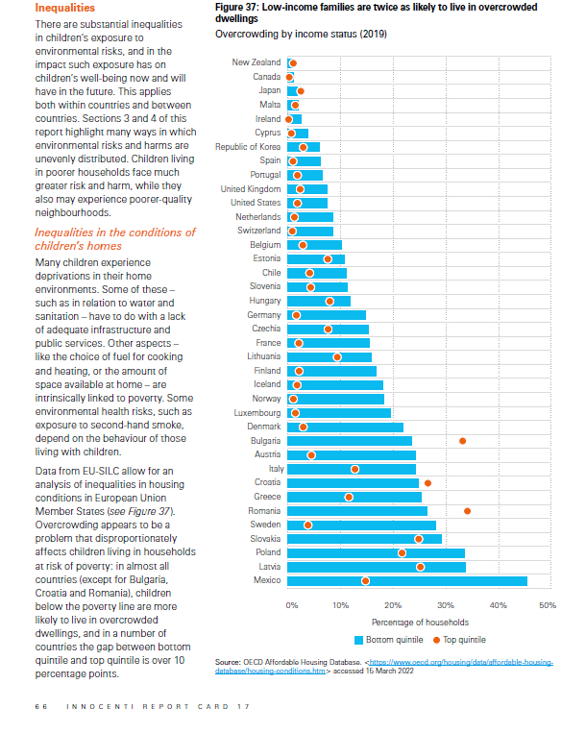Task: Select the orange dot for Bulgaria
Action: (x=463, y=441)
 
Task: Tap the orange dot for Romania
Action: (x=467, y=511)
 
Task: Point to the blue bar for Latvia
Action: (x=376, y=567)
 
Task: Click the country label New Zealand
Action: (x=256, y=62)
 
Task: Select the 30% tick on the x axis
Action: (x=446, y=605)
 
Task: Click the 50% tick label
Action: (x=548, y=605)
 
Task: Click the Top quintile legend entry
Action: (x=459, y=639)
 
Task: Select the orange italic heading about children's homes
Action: (x=114, y=239)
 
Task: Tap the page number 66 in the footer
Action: (x=39, y=707)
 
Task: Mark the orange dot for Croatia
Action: (x=427, y=483)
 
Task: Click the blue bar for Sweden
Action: (x=361, y=525)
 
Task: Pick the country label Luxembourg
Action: (x=256, y=412)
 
